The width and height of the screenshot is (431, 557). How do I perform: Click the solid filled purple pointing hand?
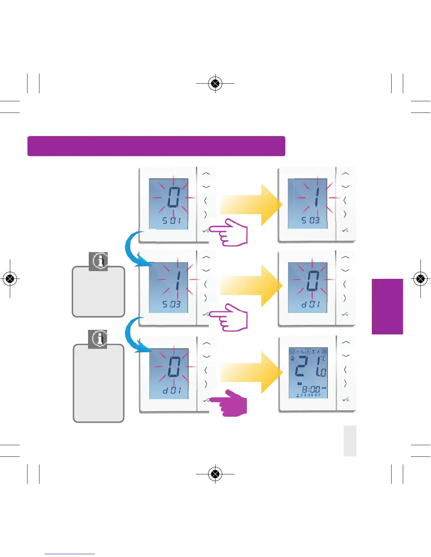tap(231, 404)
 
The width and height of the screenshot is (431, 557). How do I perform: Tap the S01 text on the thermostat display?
tap(171, 221)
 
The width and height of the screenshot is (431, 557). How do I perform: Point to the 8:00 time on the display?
tap(311, 390)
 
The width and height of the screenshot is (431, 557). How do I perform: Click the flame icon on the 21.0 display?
tap(292, 358)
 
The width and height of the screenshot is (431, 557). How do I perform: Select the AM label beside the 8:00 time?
tap(324, 388)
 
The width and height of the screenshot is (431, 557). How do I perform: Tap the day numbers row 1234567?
tap(308, 395)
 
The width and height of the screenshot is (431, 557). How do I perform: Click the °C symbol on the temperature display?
tap(323, 358)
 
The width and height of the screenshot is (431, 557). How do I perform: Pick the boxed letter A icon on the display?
tap(308, 351)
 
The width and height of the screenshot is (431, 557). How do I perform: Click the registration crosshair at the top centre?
tap(215, 84)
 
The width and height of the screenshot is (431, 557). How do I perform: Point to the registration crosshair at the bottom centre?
tap(215, 474)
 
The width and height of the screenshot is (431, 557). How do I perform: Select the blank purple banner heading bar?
tap(156, 146)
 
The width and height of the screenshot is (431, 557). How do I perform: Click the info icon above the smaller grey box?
tap(98, 261)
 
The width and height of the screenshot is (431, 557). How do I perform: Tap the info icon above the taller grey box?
tap(98, 339)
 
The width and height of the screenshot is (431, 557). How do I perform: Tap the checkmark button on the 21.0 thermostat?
tap(345, 399)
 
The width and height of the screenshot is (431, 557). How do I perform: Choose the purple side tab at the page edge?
tap(387, 306)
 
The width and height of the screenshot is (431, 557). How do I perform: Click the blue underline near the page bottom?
tap(70, 554)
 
